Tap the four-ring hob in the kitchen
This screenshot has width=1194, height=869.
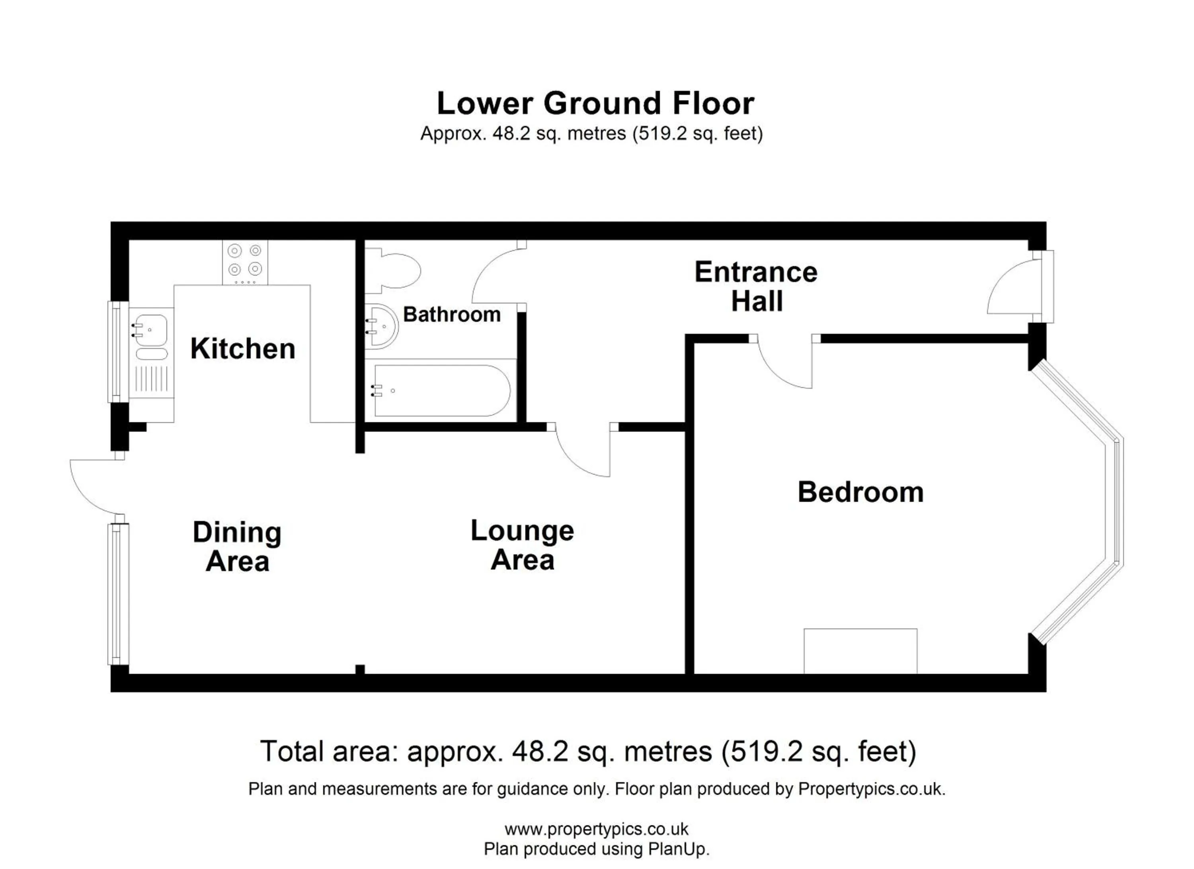point(245,262)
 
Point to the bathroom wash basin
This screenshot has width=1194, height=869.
point(382,327)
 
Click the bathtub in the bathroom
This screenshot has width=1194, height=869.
point(441,391)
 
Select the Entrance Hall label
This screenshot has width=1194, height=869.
point(756,286)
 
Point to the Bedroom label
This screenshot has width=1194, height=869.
point(860,492)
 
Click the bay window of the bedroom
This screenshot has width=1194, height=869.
point(1117,503)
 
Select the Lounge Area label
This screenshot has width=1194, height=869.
point(522,545)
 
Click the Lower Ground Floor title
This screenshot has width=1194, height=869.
point(595,103)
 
